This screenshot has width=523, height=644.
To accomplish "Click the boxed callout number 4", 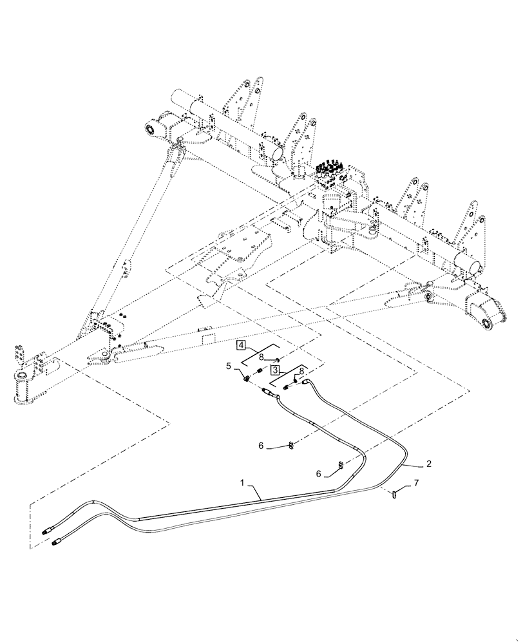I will (x=241, y=346).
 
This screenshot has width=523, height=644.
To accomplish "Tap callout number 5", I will (x=229, y=367).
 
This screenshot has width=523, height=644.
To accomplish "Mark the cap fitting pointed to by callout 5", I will (x=247, y=377).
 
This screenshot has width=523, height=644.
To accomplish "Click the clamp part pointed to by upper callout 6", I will (x=291, y=444).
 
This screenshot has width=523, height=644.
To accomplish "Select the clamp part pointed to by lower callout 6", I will (x=339, y=465).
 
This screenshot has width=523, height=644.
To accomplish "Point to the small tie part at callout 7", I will (x=394, y=495).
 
